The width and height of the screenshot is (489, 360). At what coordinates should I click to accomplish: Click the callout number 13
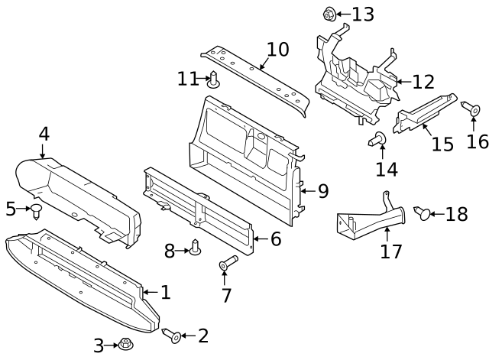[363, 14]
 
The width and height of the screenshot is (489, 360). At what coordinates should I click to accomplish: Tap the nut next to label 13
[329, 13]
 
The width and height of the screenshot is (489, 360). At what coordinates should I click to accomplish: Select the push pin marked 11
[215, 79]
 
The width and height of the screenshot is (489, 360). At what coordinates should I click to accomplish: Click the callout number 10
[278, 50]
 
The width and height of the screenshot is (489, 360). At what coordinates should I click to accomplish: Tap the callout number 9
[322, 191]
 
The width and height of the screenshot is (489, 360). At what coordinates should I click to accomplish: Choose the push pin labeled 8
[195, 249]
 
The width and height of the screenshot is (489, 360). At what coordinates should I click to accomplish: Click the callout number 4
[44, 134]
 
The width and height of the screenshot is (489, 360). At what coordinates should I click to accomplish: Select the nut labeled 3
[125, 345]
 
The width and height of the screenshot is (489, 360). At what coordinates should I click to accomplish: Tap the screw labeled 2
[172, 335]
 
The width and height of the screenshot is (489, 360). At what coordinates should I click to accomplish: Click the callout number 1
[166, 292]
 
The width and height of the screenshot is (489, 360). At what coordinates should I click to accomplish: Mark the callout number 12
[423, 81]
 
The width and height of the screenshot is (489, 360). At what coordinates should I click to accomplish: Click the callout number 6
[275, 239]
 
